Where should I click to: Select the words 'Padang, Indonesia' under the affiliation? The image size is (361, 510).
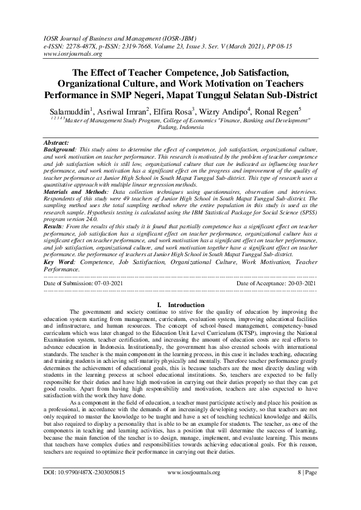[x=180, y=128]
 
